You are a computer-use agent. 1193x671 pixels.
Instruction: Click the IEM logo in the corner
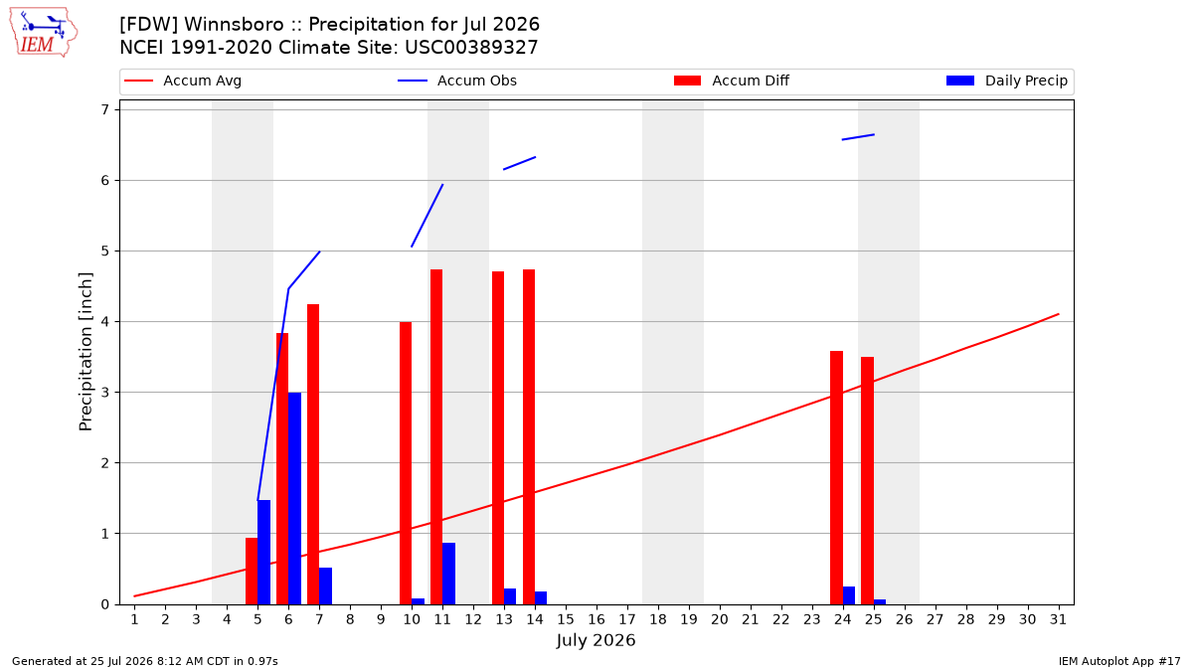[44, 33]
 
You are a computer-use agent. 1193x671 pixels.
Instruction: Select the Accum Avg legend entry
[183, 81]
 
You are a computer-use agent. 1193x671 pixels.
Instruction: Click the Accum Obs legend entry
[457, 81]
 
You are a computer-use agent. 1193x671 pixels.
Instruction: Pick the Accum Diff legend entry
[732, 81]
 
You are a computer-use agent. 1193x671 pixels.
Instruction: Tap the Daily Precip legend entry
[1006, 81]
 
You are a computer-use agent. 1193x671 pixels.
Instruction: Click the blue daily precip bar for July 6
[294, 498]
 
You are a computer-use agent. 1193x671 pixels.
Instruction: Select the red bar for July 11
[436, 436]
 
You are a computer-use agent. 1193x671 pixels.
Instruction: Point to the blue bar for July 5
[263, 553]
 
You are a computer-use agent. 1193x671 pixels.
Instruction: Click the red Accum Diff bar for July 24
[836, 478]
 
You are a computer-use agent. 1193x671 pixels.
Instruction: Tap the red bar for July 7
[313, 454]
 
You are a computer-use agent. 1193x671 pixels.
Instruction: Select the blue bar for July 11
[448, 574]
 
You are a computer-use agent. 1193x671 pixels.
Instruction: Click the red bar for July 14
[529, 436]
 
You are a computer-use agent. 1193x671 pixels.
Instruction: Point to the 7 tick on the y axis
[105, 109]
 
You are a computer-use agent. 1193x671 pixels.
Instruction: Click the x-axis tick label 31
[1058, 619]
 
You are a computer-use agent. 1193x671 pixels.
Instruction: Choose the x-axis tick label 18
[658, 619]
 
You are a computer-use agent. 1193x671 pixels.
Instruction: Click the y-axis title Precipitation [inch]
[85, 352]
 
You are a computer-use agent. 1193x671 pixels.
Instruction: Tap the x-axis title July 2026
[596, 640]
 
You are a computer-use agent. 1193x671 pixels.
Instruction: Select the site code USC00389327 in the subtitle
[471, 48]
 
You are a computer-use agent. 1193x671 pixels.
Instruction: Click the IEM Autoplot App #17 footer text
[1119, 661]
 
